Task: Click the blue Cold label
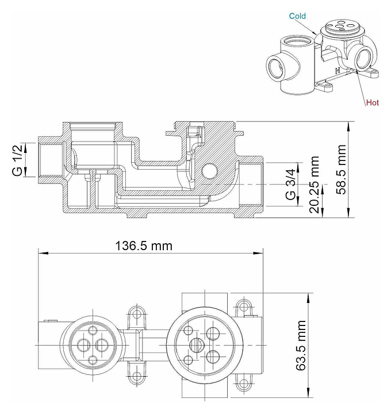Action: pos(297,16)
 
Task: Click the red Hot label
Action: pos(373,103)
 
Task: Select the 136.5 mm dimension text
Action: pos(144,246)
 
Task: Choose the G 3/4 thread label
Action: pos(291,185)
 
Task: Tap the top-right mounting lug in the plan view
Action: pos(246,306)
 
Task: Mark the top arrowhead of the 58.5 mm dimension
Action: pos(350,123)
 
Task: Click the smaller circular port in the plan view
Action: pos(93,344)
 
